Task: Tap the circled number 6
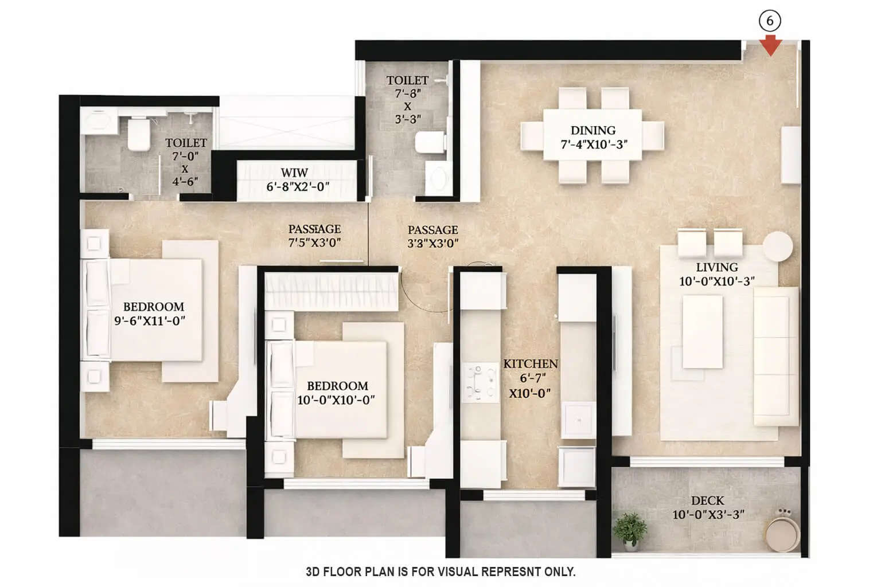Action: [770, 21]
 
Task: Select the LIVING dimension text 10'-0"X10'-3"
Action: [716, 281]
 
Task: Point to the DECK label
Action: [707, 501]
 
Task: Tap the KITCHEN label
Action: [531, 364]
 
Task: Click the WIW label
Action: [294, 173]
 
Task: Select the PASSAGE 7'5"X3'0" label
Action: [314, 236]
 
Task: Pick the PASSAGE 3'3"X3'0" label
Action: [432, 237]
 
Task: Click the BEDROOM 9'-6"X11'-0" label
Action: [153, 313]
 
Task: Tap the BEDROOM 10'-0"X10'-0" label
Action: [337, 393]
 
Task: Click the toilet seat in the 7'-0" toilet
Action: [138, 135]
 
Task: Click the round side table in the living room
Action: [777, 247]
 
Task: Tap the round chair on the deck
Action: [782, 532]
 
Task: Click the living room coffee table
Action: [702, 332]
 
